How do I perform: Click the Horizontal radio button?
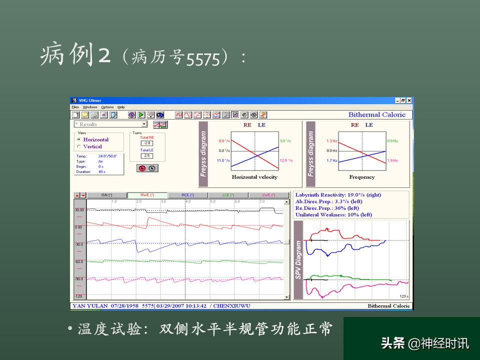[78, 139]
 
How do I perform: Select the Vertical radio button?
[78, 146]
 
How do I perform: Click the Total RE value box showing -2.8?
[147, 143]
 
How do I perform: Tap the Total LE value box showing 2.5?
[147, 155]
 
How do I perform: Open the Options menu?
[107, 107]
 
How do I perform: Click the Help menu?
[121, 107]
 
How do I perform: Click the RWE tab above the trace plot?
[147, 195]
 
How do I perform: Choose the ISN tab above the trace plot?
[106, 195]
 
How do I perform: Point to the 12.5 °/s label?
[286, 160]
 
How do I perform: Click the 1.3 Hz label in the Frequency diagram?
[332, 141]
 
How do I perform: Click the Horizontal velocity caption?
[254, 177]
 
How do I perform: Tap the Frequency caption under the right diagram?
[362, 177]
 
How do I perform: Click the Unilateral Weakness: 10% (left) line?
[333, 214]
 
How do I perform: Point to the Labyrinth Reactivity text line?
[338, 194]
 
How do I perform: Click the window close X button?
[410, 100]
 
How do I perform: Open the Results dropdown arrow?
[144, 124]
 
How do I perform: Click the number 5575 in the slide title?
[203, 60]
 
